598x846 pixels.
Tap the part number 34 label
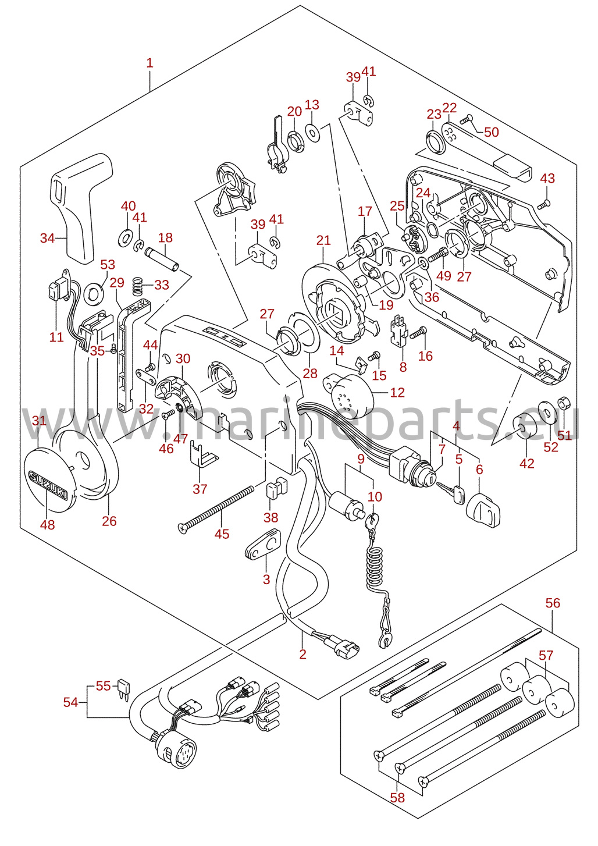click(x=47, y=239)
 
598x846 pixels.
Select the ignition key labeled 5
click(x=451, y=492)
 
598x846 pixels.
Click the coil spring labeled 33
click(x=138, y=286)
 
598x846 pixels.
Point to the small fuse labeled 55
click(x=123, y=691)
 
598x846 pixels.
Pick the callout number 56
click(x=553, y=603)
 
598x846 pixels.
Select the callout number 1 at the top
click(x=150, y=63)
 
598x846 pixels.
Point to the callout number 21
click(x=323, y=240)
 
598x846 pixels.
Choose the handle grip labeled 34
click(x=81, y=208)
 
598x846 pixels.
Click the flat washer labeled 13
click(x=312, y=132)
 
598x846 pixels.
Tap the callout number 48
click(x=47, y=525)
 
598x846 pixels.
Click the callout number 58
click(x=397, y=798)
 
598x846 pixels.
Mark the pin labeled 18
click(x=162, y=258)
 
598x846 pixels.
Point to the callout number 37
click(x=200, y=489)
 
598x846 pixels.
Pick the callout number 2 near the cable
click(x=302, y=654)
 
